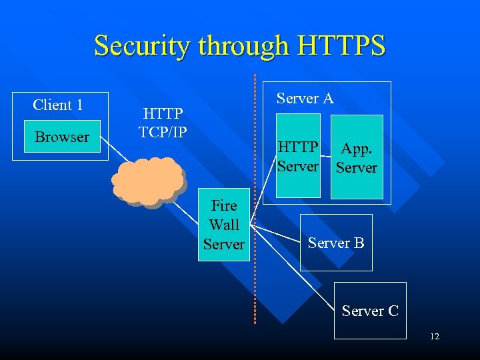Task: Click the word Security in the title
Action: [x=135, y=46]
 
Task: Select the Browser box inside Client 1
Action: [x=62, y=137]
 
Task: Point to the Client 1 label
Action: [x=58, y=105]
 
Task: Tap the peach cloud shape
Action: [x=148, y=180]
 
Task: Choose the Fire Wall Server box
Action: [x=224, y=225]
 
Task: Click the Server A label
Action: [x=305, y=99]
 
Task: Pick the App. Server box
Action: [x=357, y=157]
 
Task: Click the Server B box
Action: [x=336, y=243]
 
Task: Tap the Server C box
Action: [x=370, y=311]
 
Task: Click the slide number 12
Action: [x=435, y=337]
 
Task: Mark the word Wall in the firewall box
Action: [x=224, y=225]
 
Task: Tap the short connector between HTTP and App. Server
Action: [x=325, y=150]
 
